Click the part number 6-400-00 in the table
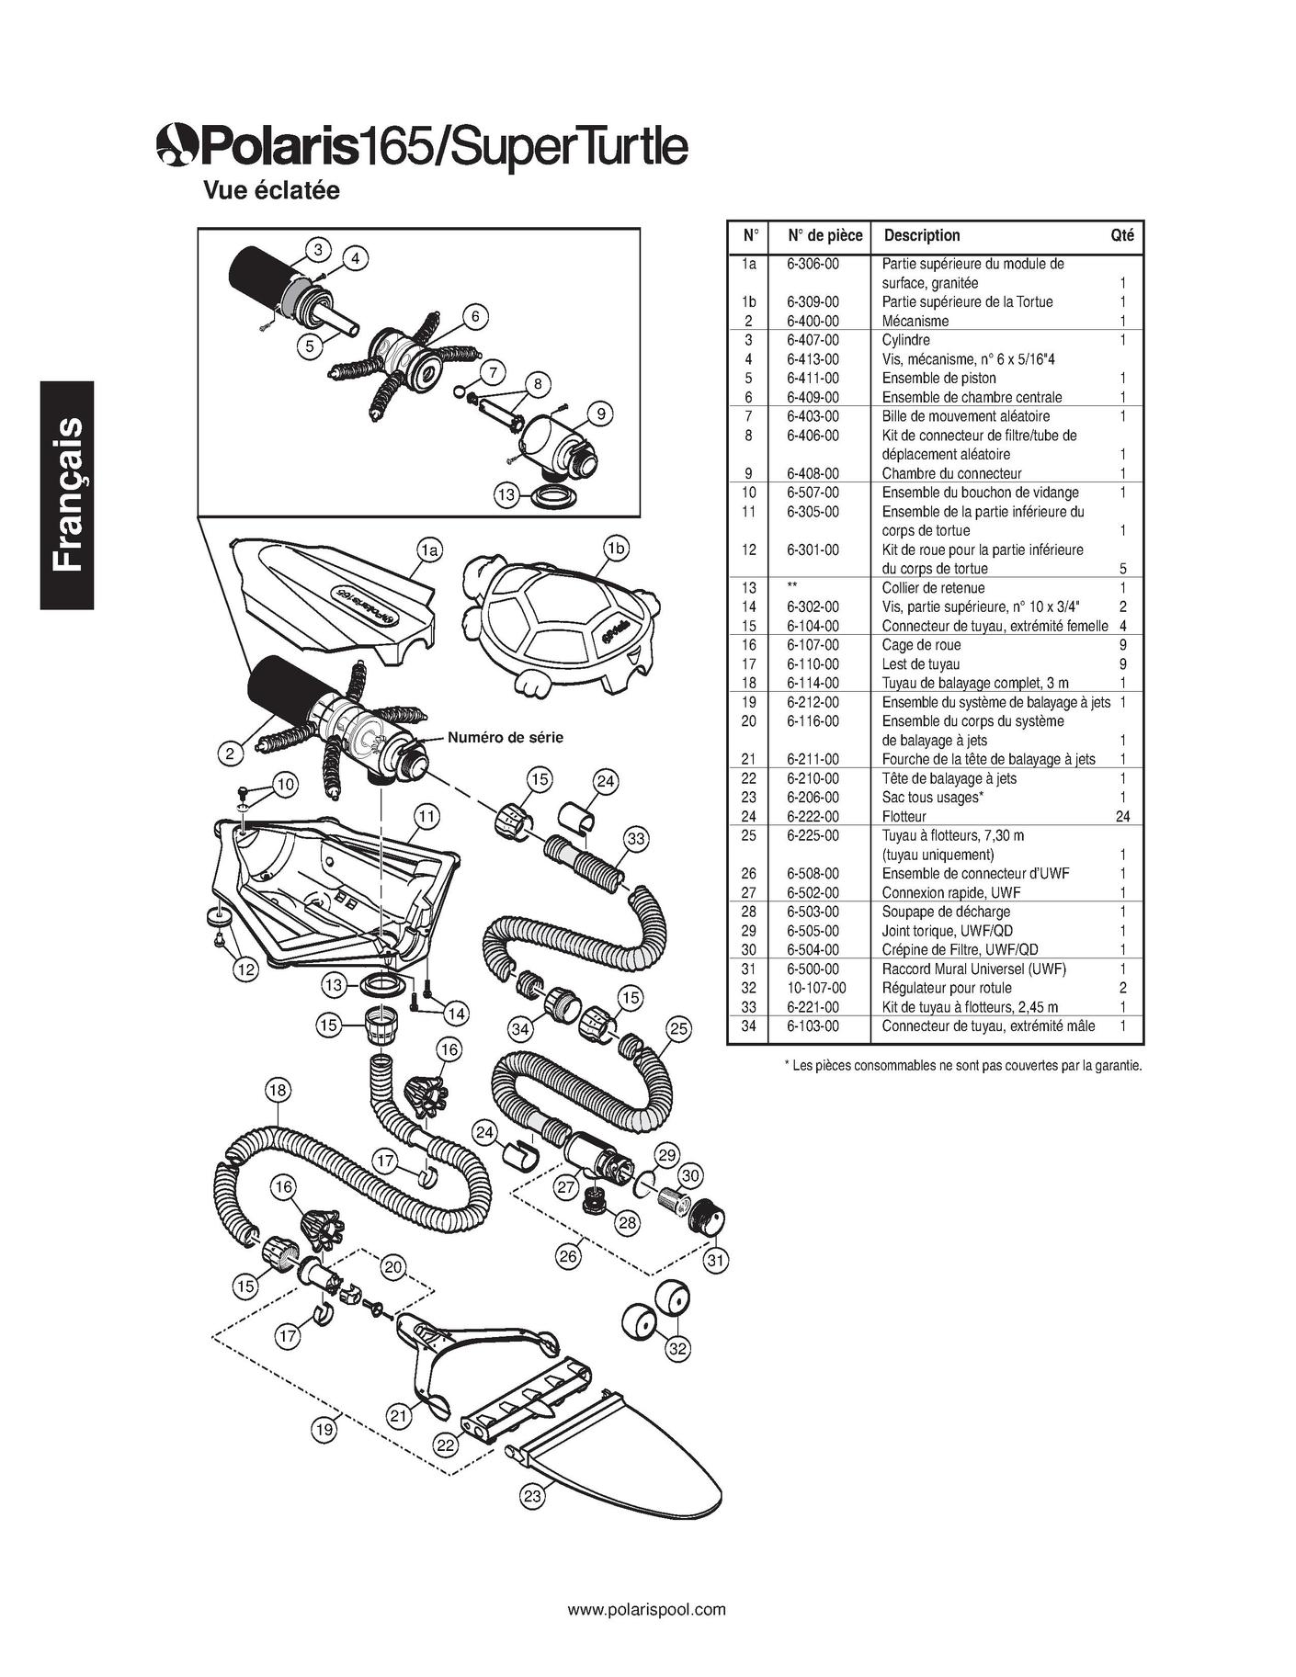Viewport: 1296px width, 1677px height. click(813, 321)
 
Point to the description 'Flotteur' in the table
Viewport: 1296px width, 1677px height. click(904, 817)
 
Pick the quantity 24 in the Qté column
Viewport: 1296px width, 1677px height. click(1121, 817)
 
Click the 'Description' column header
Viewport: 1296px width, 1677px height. click(921, 235)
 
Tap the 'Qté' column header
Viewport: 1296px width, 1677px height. click(1121, 235)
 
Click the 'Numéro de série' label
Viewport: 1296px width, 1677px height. click(505, 737)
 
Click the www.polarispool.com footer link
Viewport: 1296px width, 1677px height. click(647, 1609)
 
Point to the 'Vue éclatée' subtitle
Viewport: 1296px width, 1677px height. click(271, 190)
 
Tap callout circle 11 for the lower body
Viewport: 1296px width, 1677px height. click(425, 816)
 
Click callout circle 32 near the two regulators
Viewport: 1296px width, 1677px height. click(678, 1349)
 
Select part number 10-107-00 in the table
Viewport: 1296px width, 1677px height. click(816, 988)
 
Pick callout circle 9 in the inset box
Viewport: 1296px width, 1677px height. click(600, 414)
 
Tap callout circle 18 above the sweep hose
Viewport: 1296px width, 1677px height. click(278, 1091)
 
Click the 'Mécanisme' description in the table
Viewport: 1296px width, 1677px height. click(915, 321)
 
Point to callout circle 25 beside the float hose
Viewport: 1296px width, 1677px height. click(678, 1029)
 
